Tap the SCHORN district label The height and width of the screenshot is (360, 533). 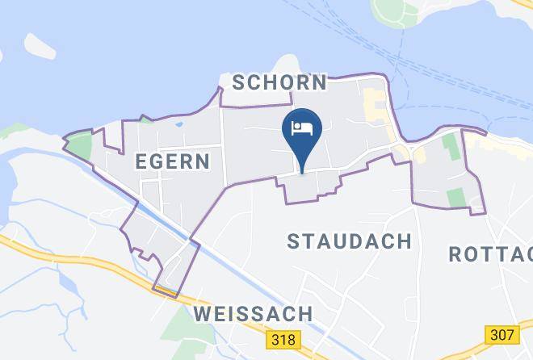[279, 82]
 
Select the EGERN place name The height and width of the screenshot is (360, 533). [173, 161]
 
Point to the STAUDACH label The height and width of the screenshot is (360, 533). [349, 241]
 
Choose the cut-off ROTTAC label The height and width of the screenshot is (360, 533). [490, 254]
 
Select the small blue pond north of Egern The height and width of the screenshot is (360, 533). [178, 123]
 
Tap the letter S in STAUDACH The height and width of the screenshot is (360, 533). [294, 241]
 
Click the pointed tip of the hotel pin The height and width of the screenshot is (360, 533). [302, 171]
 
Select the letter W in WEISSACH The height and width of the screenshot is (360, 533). [204, 312]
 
